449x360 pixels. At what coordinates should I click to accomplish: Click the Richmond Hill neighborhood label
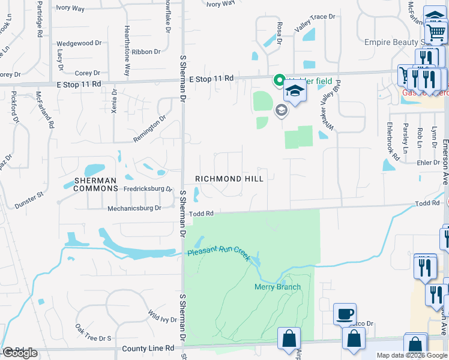(229, 179)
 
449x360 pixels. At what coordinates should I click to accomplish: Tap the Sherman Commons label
(96, 184)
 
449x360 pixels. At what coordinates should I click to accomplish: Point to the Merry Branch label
(277, 287)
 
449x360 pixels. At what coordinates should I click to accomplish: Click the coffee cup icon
(345, 314)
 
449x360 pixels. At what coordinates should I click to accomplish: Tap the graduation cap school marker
(295, 91)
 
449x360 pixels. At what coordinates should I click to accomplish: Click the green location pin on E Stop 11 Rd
(279, 80)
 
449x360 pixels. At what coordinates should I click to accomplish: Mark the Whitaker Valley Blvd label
(329, 106)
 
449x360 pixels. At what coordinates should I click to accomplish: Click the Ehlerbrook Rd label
(393, 141)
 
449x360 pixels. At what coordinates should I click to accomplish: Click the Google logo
(20, 353)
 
